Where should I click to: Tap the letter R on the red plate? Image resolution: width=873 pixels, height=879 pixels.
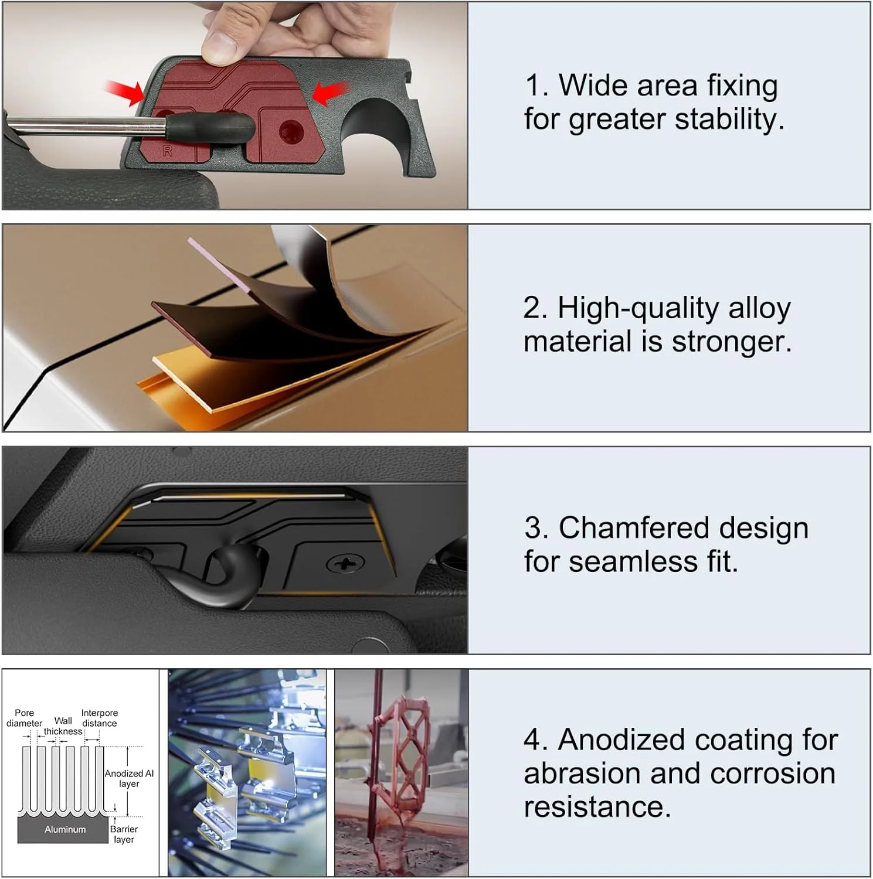point(168,151)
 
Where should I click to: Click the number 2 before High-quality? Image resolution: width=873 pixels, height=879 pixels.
point(535,308)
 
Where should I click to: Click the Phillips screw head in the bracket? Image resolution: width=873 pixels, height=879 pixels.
point(345,565)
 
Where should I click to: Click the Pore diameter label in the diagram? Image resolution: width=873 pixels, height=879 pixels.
point(25,718)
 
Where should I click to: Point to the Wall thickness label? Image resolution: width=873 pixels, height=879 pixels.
point(63,726)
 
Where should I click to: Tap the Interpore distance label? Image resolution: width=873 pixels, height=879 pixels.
point(100,718)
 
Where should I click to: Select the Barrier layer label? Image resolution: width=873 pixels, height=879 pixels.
point(124,834)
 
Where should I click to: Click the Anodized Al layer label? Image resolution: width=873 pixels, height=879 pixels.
point(129,779)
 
